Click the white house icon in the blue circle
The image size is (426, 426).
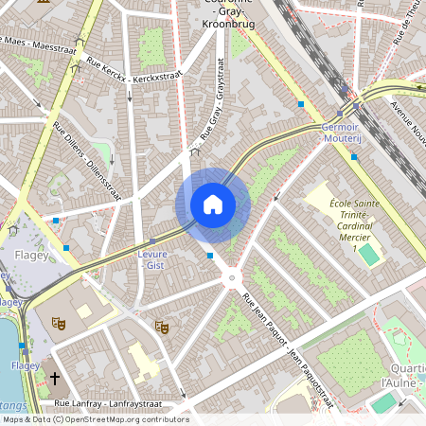213,204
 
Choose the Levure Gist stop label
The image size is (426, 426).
153,260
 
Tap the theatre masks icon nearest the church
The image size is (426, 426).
58,323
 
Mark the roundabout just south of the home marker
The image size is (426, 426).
231,277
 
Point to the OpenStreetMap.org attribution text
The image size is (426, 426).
138,419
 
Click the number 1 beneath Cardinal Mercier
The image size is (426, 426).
354,248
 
